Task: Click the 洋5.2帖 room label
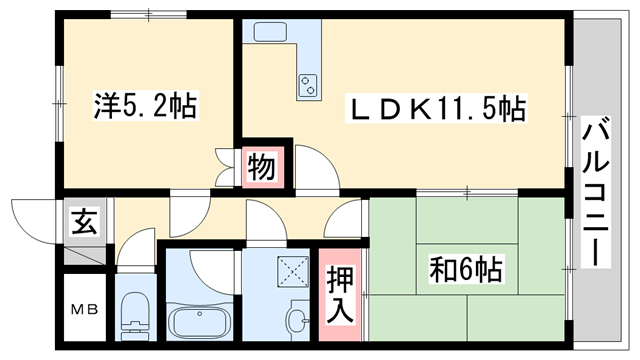(x=145, y=103)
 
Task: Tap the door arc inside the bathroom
(x=206, y=264)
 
